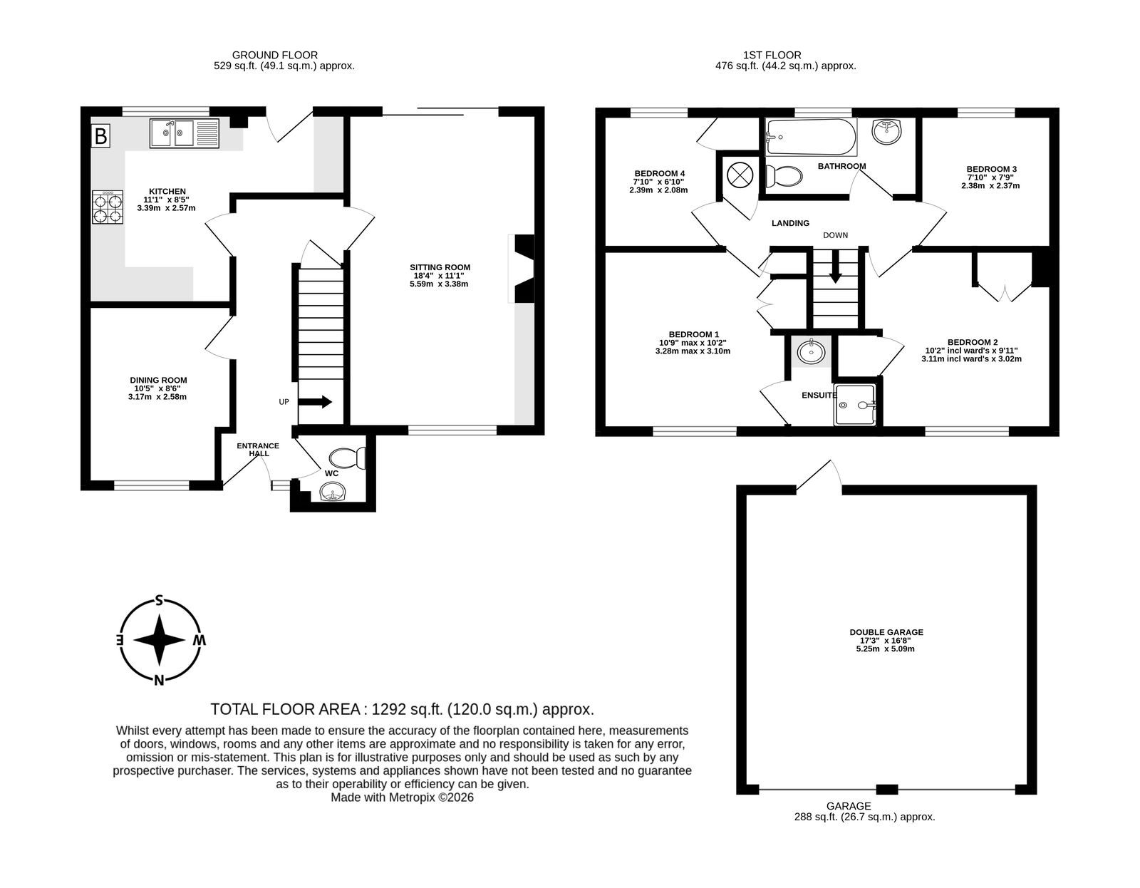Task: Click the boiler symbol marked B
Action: coord(100,136)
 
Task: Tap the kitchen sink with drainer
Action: coord(184,133)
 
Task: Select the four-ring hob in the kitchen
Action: coord(108,207)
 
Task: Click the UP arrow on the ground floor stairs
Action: coord(315,402)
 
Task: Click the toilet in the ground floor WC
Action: coord(347,458)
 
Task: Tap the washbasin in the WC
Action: coord(332,492)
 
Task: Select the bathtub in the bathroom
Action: coord(811,136)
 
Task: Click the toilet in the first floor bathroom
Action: coord(784,176)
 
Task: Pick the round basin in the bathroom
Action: coord(887,130)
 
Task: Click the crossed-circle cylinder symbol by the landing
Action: coord(740,175)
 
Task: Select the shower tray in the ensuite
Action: coord(854,405)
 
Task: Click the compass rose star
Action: coord(160,640)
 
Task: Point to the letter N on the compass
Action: coord(159,681)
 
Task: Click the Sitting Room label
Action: coord(440,267)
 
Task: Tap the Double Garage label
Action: coord(886,633)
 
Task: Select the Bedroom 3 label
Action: coord(992,169)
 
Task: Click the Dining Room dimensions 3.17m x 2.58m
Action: coord(157,397)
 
